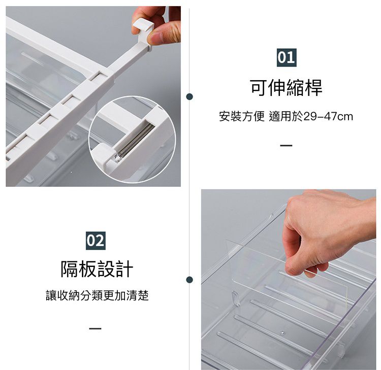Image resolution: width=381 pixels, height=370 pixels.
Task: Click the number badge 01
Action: [286, 57]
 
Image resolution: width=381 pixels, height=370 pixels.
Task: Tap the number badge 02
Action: [96, 240]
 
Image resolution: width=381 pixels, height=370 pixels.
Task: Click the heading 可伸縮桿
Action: [286, 87]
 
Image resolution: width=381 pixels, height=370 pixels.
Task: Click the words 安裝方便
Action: [242, 117]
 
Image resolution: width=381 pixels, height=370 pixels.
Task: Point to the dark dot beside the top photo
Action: [189, 96]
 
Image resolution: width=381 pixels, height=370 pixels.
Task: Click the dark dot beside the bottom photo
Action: [189, 280]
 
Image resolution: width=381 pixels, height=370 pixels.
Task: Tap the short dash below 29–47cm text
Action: [286, 146]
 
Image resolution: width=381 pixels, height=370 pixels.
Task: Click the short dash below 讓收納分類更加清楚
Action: [95, 328]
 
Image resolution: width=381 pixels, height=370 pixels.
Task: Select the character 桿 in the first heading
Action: [313, 87]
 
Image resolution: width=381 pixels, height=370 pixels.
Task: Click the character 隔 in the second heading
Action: [70, 269]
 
